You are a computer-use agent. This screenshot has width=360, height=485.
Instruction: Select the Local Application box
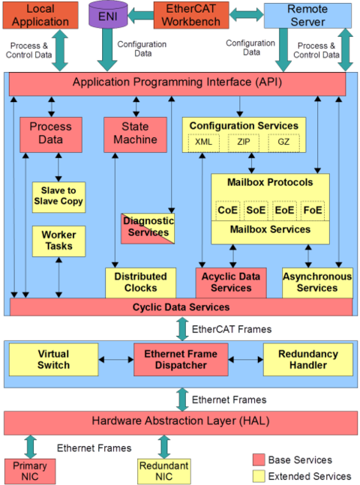pyautogui.click(x=40, y=15)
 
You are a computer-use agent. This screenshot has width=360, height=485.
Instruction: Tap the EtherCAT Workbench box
pyautogui.click(x=191, y=15)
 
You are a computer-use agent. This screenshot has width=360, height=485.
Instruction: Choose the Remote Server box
pyautogui.click(x=307, y=16)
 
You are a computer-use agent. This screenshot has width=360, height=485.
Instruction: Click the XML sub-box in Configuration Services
pyautogui.click(x=204, y=142)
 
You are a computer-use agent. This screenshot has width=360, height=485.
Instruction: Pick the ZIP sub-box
pyautogui.click(x=244, y=142)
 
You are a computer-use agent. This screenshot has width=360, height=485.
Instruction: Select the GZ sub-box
pyautogui.click(x=283, y=142)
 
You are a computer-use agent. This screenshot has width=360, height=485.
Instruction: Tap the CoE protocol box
pyautogui.click(x=227, y=211)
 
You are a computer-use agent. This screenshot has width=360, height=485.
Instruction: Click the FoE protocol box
pyautogui.click(x=313, y=211)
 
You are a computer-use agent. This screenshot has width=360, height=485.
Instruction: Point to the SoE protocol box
pyautogui.click(x=256, y=211)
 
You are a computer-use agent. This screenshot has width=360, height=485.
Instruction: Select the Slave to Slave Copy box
pyautogui.click(x=58, y=197)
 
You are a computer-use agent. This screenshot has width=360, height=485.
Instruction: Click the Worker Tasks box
pyautogui.click(x=58, y=241)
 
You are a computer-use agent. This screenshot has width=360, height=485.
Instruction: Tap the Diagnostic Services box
pyautogui.click(x=148, y=229)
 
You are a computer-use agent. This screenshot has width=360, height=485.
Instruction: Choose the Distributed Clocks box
pyautogui.click(x=140, y=283)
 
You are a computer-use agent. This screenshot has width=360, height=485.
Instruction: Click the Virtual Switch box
pyautogui.click(x=53, y=360)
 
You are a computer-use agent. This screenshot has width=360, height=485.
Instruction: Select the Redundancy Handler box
pyautogui.click(x=308, y=360)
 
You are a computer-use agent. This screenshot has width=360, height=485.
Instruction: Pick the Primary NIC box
pyautogui.click(x=30, y=472)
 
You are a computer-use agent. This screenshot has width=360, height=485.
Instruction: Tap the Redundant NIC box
pyautogui.click(x=164, y=472)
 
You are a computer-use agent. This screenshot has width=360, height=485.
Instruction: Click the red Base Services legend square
pyautogui.click(x=259, y=460)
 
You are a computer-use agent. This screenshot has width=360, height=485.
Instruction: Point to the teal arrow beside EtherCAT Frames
pyautogui.click(x=182, y=329)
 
